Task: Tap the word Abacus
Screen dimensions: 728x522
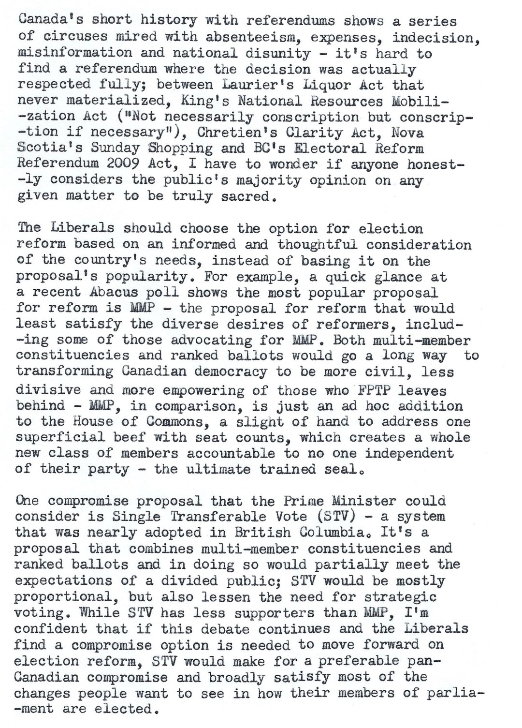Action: pos(114,293)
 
